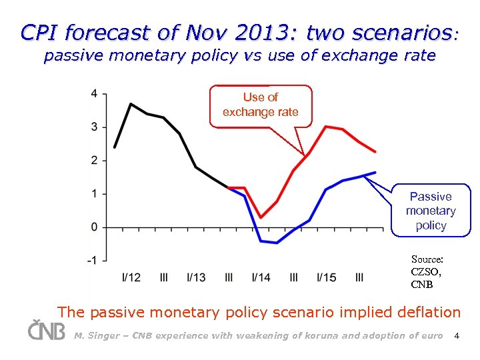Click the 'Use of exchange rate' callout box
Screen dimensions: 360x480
[261, 105]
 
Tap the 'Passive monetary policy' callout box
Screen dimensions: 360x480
[431, 211]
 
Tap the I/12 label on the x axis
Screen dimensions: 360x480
[131, 277]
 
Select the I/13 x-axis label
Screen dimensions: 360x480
[196, 277]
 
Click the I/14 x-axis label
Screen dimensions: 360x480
[261, 277]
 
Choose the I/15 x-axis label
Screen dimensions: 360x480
[327, 277]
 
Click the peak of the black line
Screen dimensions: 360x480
[131, 104]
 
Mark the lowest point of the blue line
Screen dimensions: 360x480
[277, 243]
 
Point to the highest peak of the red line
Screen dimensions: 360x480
[326, 126]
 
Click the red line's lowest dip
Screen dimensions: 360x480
[261, 217]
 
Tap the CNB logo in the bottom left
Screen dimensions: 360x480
[46, 330]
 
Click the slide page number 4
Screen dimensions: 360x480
[457, 335]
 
